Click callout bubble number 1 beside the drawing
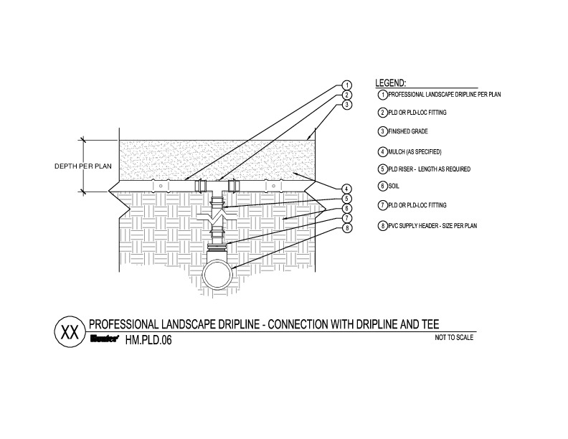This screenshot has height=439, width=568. pos(346,85)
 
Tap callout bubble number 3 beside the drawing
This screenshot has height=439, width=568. pos(346,104)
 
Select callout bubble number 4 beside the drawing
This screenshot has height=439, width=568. pos(346,189)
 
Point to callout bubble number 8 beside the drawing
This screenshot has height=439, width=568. pos(346,227)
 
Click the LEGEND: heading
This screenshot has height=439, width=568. pos(392,82)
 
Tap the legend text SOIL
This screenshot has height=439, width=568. pos(397,186)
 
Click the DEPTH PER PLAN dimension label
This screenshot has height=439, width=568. pos(83,166)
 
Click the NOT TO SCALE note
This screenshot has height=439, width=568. pos(455,337)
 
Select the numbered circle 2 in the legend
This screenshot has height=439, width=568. pos(383,113)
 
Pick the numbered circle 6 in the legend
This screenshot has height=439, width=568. pos(383,187)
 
